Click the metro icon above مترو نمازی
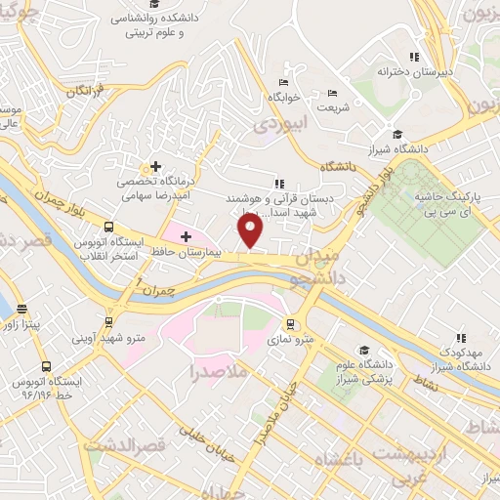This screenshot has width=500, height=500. tap(290, 323)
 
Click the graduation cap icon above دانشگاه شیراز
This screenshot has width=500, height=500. tap(397, 135)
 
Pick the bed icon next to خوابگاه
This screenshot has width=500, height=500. tap(283, 82)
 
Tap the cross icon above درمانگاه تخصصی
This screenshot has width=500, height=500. tap(155, 166)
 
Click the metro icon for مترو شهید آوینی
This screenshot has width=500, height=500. tap(108, 322)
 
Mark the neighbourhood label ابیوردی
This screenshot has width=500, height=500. tap(280, 124)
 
